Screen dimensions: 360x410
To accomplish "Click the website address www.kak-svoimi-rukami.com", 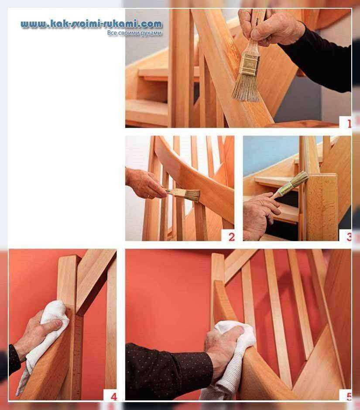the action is click(x=92, y=24).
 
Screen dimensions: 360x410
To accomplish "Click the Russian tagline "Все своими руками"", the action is click(x=134, y=33).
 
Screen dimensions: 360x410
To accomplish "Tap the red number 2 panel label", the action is click(x=231, y=237).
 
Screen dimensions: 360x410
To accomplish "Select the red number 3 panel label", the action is click(x=349, y=237).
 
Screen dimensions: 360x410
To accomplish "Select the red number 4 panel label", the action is click(x=114, y=396).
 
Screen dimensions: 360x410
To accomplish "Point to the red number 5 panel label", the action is click(x=349, y=396).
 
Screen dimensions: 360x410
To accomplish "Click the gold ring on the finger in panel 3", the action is click(x=261, y=203).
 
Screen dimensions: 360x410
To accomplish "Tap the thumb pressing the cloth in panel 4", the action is click(x=54, y=325).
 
